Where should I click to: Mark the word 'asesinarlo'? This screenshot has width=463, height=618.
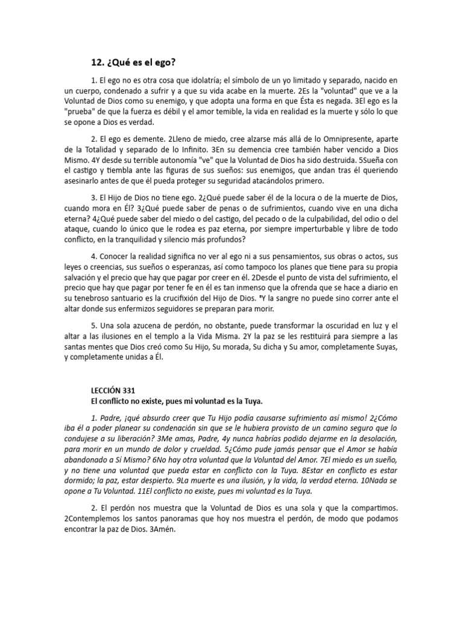coord(101,181)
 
